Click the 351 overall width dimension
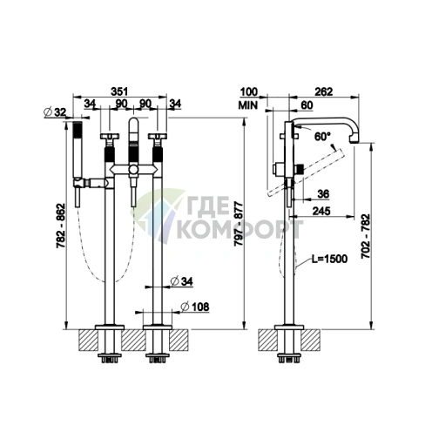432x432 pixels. click(119, 91)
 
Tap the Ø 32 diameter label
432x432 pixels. click(55, 112)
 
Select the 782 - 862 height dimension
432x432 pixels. click(61, 226)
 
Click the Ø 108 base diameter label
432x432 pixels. click(194, 307)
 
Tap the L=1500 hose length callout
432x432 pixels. click(329, 259)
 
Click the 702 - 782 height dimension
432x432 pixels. click(366, 236)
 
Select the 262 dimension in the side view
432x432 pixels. click(324, 91)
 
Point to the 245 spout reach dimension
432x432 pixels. click(321, 211)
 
